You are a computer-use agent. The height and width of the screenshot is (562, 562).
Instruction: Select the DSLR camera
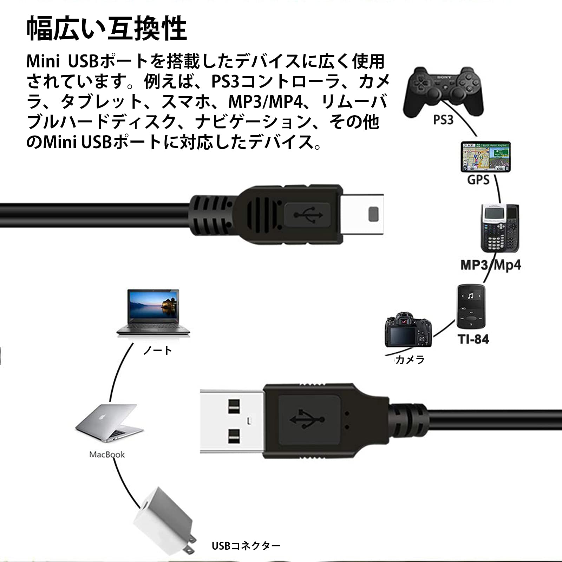tap(408, 331)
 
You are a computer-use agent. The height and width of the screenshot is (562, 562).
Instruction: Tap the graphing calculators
tap(499, 228)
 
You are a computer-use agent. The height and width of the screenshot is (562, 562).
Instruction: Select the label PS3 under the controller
tap(443, 120)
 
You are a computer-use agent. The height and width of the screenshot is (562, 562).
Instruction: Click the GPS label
tap(478, 180)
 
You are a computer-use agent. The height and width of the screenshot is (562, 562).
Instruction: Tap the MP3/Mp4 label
tap(490, 265)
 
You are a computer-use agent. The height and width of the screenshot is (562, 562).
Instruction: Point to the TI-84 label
tap(473, 339)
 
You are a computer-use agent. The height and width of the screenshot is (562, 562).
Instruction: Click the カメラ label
tap(410, 360)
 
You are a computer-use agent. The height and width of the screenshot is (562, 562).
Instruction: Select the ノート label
tap(157, 350)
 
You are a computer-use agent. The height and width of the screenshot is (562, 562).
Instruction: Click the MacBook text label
tap(107, 455)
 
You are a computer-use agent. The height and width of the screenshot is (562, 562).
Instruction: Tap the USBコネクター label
tap(246, 545)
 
